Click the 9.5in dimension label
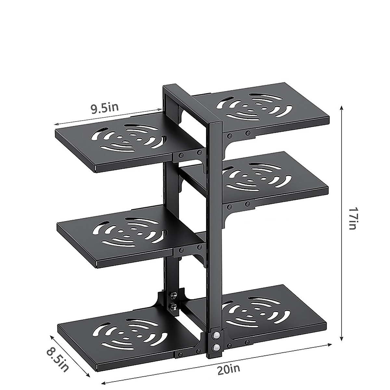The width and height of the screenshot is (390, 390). (x=104, y=108)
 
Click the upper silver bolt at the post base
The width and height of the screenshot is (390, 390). (x=215, y=335)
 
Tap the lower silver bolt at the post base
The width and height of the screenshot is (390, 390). (x=215, y=348)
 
